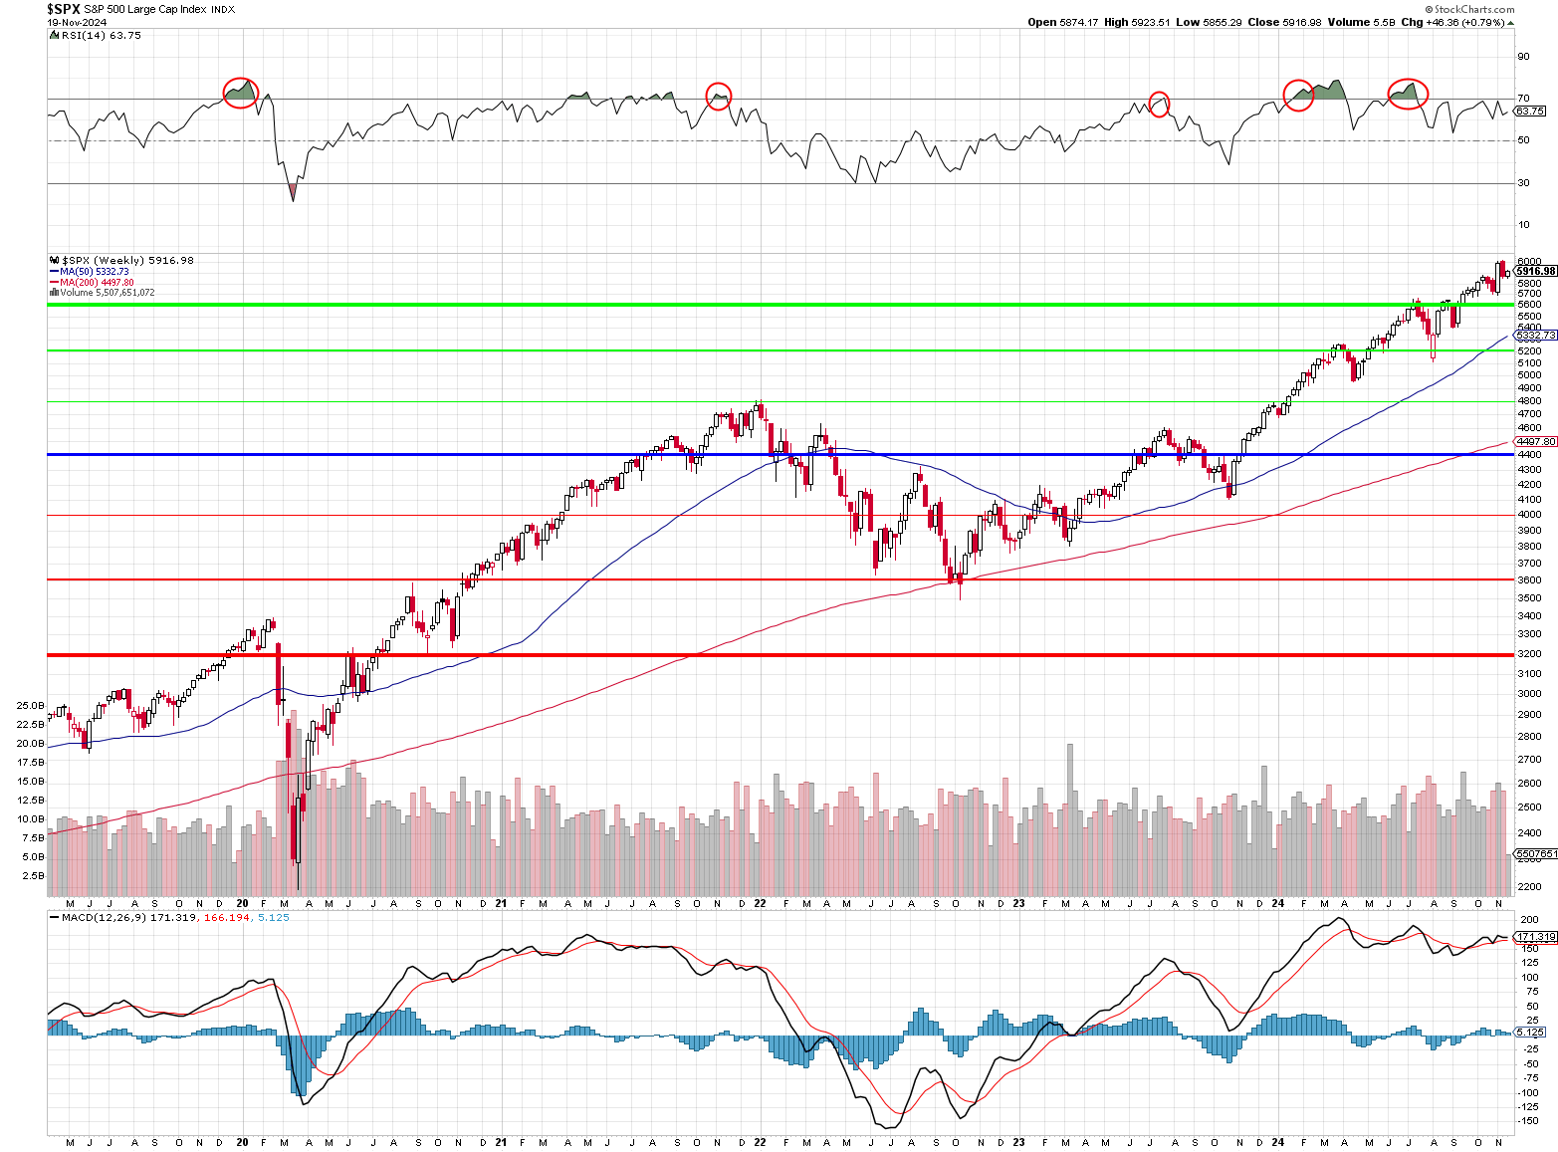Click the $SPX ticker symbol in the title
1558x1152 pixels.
(x=64, y=9)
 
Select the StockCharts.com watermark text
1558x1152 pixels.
(x=1472, y=9)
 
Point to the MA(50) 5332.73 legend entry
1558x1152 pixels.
(x=94, y=271)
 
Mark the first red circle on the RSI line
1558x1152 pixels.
(x=240, y=93)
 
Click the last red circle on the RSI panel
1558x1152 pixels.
(x=1408, y=94)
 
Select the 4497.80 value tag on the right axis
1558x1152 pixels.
(x=1535, y=441)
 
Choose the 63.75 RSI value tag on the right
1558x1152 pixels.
(x=1530, y=112)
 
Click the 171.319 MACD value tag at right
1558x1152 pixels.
(x=1535, y=937)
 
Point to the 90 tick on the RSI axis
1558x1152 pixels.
(x=1523, y=57)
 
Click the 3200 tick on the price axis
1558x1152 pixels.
(x=1529, y=654)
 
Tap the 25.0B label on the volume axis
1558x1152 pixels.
(x=30, y=705)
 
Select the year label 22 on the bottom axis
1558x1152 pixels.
(x=760, y=903)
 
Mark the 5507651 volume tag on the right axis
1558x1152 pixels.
(x=1535, y=853)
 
